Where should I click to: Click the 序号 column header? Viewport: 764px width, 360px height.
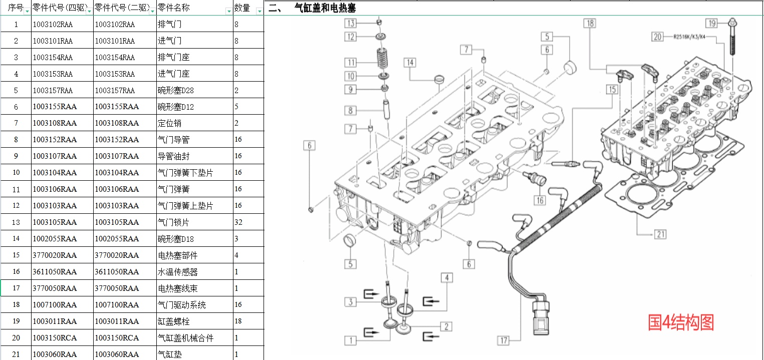(x=16, y=8)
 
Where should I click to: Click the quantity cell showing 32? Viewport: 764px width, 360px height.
(x=248, y=222)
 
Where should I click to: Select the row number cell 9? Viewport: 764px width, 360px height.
(x=16, y=156)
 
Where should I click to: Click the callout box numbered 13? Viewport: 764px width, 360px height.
(x=351, y=23)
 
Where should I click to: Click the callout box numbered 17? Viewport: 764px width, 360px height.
(x=503, y=340)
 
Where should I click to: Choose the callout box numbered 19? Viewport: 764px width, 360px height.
(x=711, y=23)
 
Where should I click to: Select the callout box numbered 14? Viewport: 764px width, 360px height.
(x=410, y=62)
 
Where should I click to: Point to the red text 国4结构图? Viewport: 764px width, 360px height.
(x=681, y=322)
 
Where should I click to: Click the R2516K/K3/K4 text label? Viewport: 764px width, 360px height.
(x=689, y=37)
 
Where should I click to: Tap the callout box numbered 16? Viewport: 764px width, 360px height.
(x=540, y=200)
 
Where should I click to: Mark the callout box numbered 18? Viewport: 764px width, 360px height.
(x=590, y=23)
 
